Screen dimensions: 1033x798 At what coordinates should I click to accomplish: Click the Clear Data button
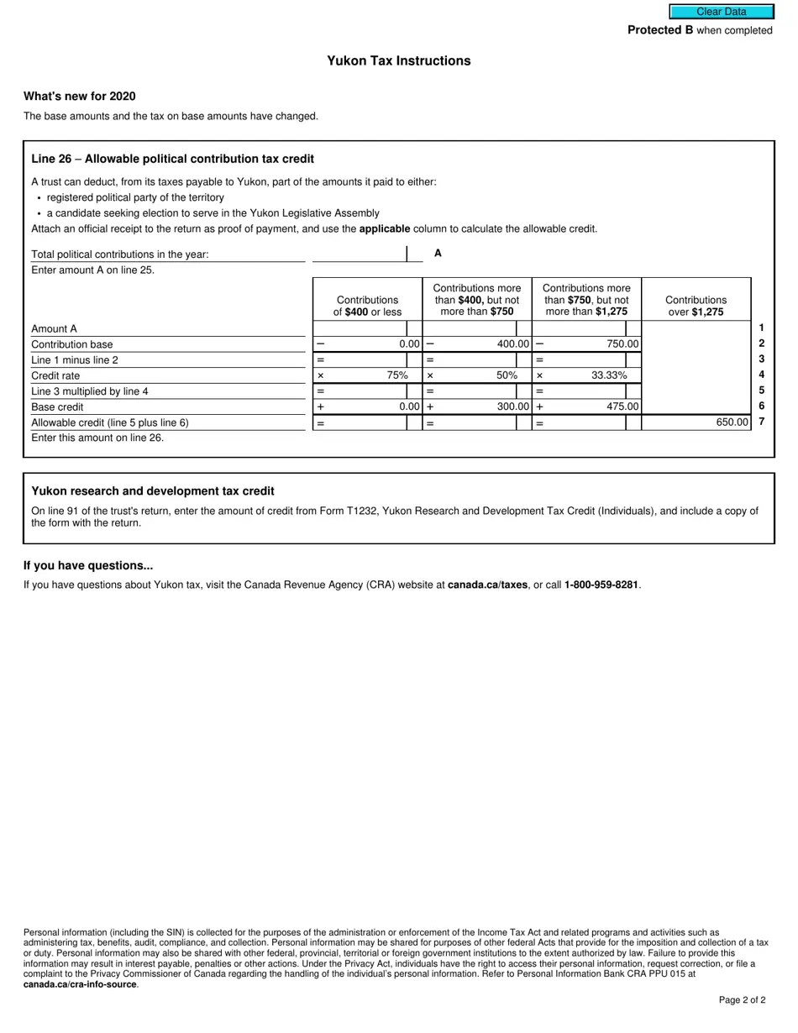point(721,12)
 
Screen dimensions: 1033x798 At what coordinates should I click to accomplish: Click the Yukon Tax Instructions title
point(398,61)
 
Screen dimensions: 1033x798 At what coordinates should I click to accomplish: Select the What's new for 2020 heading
point(80,97)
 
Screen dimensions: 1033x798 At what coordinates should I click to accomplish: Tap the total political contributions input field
point(359,254)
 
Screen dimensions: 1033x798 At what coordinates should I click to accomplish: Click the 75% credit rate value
point(397,375)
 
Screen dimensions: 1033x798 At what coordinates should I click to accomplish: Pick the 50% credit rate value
point(506,375)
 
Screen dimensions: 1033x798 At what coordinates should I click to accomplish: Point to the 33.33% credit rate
point(609,375)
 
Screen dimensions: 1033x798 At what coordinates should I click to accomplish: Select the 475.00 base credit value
point(622,407)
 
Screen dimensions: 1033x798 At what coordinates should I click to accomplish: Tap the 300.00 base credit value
point(512,407)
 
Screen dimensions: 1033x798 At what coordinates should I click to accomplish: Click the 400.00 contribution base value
point(512,344)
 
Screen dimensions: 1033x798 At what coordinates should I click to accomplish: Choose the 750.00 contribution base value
point(622,344)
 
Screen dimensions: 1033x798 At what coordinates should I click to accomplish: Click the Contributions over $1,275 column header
point(696,306)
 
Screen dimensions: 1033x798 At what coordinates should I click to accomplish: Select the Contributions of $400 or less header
point(367,306)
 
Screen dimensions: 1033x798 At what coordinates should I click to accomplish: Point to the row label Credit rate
point(55,376)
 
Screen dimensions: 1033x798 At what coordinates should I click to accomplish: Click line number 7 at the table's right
point(761,422)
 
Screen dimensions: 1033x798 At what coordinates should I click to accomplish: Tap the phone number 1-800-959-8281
point(601,585)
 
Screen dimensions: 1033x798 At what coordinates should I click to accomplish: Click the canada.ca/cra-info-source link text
point(81,984)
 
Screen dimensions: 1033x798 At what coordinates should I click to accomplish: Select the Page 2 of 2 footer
point(742,1000)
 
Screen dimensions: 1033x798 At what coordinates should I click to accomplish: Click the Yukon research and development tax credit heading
point(153,491)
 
